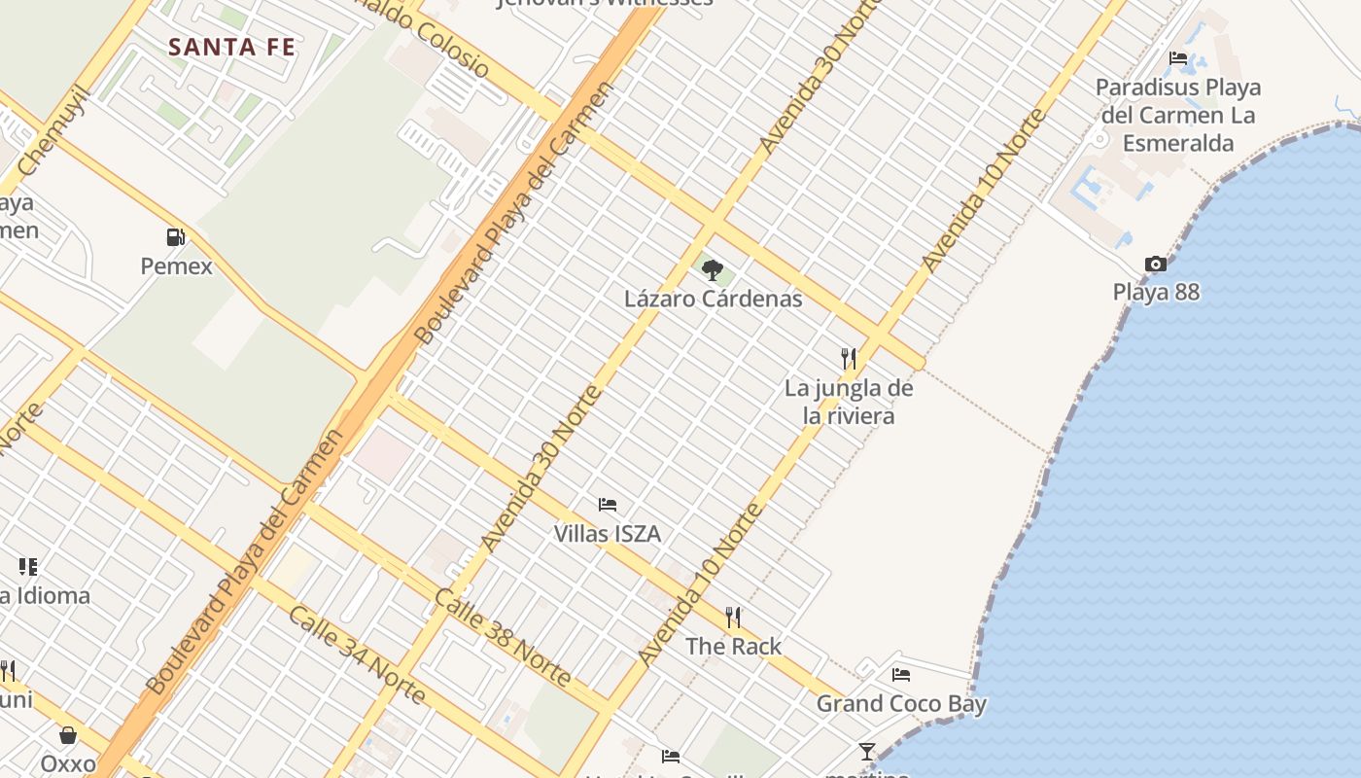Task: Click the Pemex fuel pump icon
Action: click(x=176, y=236)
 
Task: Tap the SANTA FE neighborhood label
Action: click(x=231, y=47)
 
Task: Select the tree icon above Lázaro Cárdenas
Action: click(x=713, y=269)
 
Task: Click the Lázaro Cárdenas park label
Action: click(x=714, y=299)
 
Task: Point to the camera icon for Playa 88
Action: click(x=1156, y=264)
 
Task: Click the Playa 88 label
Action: click(x=1156, y=292)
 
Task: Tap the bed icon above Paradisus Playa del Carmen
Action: click(x=1178, y=58)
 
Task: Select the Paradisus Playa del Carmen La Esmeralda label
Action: click(x=1178, y=115)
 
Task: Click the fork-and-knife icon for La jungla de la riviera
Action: click(x=850, y=359)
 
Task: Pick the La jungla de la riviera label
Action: click(x=850, y=402)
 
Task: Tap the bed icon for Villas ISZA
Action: click(x=608, y=505)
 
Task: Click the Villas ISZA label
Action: click(x=608, y=533)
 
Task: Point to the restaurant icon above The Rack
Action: click(x=733, y=617)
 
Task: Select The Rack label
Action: click(x=733, y=646)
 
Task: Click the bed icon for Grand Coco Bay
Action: click(x=901, y=674)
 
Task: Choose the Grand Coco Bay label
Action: click(x=901, y=703)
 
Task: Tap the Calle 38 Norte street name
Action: click(x=503, y=636)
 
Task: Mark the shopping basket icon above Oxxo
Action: click(x=68, y=735)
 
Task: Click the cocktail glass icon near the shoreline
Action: click(x=867, y=752)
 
